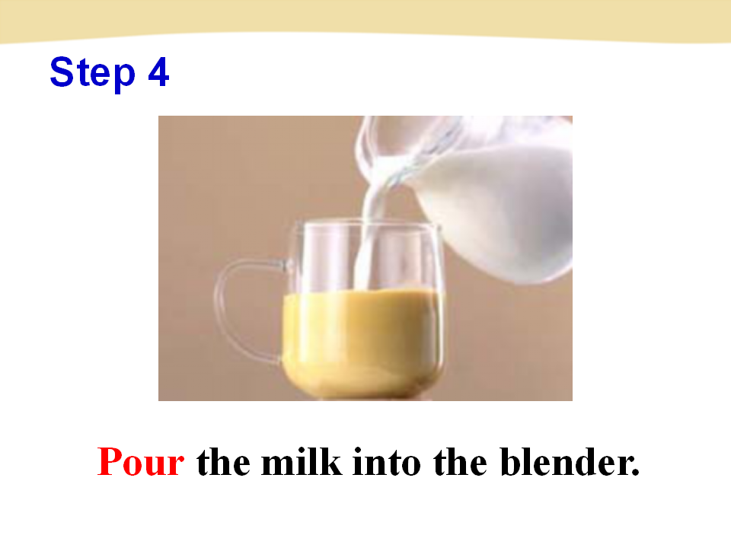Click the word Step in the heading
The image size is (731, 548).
[x=92, y=73]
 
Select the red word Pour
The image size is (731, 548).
[x=140, y=462]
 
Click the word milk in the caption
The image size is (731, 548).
[x=302, y=462]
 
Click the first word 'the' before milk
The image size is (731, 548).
[x=223, y=462]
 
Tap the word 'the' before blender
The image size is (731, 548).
[x=460, y=462]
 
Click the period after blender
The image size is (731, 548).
[x=634, y=472]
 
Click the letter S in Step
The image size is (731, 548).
[x=62, y=72]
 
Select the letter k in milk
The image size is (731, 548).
[x=331, y=462]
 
